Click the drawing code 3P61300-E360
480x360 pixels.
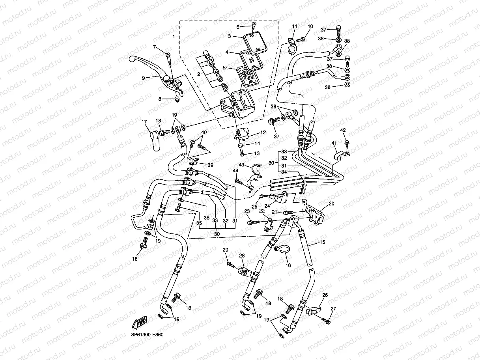[x=148, y=334]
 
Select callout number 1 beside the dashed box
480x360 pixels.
[x=174, y=37]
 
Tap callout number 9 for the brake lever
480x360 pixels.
[x=144, y=78]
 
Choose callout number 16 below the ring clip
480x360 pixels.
[x=288, y=265]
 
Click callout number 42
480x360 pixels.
[x=343, y=130]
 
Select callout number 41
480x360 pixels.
[x=334, y=143]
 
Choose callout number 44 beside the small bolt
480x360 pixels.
[x=235, y=170]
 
